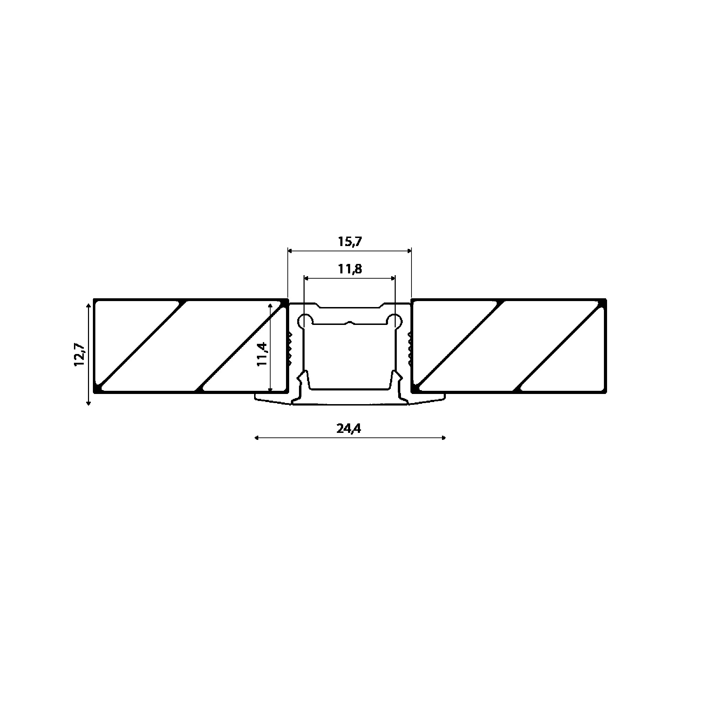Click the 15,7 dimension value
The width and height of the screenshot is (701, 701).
coord(350,241)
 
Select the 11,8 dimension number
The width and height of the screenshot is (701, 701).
coord(350,269)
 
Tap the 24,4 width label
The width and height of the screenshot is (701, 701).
coord(349,429)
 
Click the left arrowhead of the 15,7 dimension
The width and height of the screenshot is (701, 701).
coord(290,250)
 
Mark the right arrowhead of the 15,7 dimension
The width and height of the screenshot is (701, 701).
coord(410,250)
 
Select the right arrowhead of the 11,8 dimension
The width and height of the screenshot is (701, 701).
coord(393,278)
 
